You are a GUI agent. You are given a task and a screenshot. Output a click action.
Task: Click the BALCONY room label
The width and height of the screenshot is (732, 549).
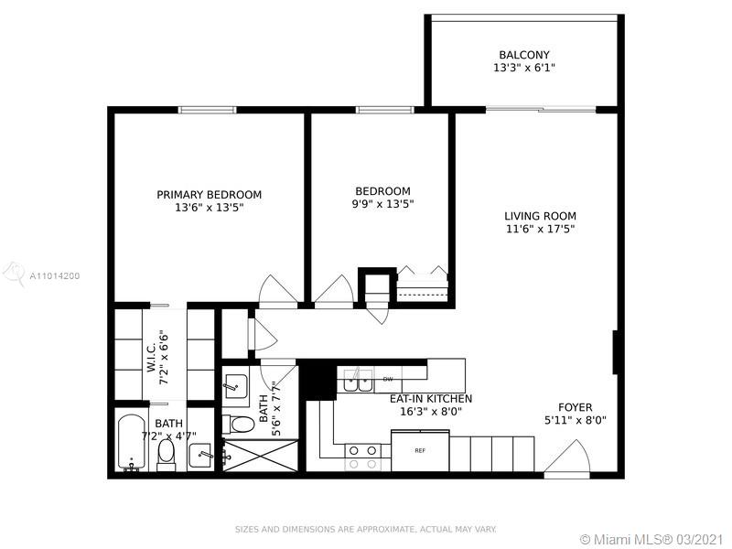click(524, 55)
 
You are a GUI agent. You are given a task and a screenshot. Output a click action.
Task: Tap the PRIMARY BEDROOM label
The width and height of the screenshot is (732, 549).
click(210, 195)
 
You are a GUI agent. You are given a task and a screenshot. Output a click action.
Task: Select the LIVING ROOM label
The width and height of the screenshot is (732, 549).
click(540, 216)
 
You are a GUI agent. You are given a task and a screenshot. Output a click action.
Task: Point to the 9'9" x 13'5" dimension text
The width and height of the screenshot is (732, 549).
click(382, 204)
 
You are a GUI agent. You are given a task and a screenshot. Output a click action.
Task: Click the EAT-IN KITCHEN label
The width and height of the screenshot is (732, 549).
click(431, 399)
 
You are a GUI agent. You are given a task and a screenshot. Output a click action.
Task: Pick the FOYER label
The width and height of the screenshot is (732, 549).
click(576, 407)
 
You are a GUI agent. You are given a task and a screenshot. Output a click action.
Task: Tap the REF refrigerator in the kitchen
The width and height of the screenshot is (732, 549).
click(420, 450)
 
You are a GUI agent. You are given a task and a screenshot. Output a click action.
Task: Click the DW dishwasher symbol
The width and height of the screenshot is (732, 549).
click(388, 379)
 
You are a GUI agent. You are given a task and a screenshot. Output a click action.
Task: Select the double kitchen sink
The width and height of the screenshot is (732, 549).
click(358, 380)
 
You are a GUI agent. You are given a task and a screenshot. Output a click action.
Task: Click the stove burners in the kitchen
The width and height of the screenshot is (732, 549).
click(362, 457)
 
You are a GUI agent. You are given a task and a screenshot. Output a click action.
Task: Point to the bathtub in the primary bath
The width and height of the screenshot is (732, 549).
click(131, 443)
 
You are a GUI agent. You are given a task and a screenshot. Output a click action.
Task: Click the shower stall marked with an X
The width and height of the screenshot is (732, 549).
click(260, 455)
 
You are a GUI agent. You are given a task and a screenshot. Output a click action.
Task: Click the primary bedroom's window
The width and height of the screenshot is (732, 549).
click(208, 110)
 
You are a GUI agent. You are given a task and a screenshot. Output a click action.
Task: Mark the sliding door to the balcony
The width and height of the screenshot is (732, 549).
click(541, 110)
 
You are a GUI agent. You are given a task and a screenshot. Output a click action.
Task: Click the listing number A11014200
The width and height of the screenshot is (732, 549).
click(55, 276)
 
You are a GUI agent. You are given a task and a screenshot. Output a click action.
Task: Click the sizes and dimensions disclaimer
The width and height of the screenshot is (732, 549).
click(365, 530)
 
